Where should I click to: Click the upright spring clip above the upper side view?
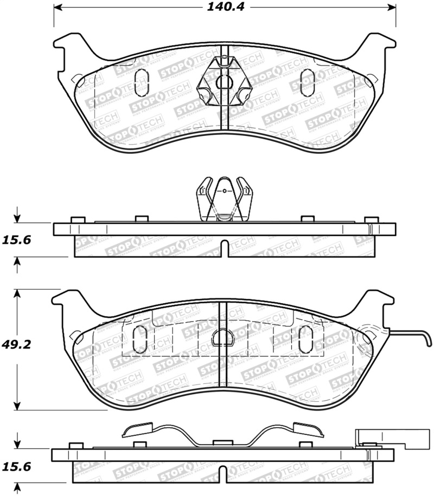(223, 199)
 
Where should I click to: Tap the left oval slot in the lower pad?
(139, 339)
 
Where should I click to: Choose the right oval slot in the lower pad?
(303, 339)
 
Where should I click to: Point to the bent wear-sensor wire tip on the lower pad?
(428, 340)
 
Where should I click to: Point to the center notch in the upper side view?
(223, 250)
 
